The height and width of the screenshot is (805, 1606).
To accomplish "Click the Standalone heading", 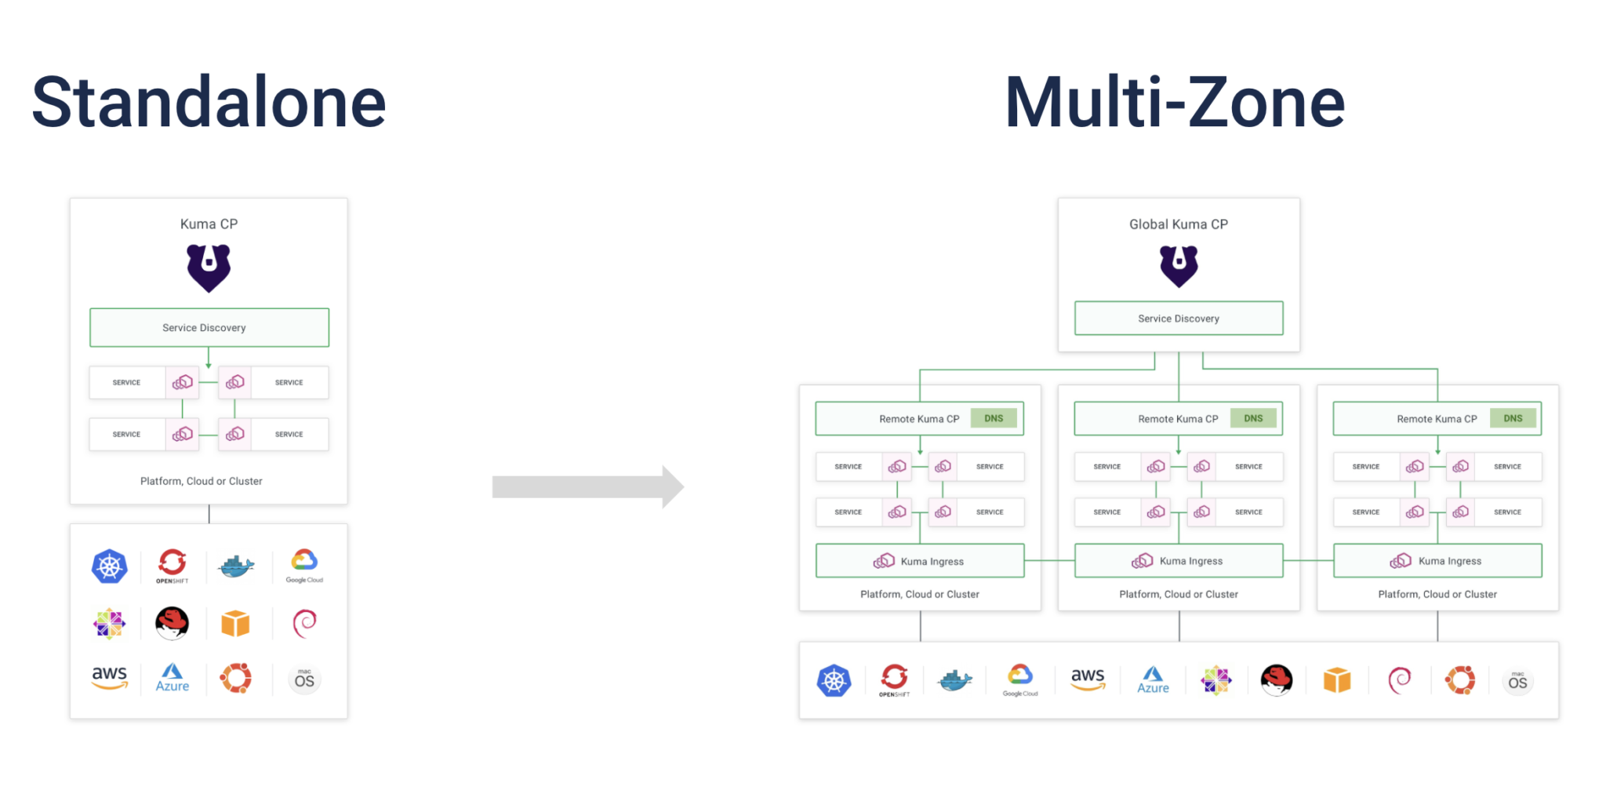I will click(209, 102).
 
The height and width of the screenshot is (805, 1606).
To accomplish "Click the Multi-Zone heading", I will click(1174, 102).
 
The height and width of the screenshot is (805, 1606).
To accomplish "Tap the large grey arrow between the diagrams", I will click(587, 487).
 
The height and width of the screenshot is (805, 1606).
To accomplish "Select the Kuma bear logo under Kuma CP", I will click(209, 267).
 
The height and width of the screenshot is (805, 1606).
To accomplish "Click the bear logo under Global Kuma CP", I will click(1179, 265).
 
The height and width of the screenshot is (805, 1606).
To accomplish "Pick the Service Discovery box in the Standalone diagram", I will click(209, 327).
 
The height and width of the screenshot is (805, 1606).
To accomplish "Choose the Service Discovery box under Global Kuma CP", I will click(1179, 318).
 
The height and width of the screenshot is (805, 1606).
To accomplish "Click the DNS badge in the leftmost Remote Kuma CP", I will click(994, 418).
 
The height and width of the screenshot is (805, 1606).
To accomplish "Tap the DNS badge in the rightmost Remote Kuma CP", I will click(1513, 418).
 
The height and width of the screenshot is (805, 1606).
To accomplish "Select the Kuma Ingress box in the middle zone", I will click(1179, 561).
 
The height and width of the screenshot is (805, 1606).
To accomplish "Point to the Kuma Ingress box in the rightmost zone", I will click(1437, 561).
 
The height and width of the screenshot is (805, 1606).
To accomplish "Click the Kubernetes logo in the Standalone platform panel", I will click(110, 566).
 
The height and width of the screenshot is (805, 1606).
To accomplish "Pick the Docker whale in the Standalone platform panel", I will click(235, 566).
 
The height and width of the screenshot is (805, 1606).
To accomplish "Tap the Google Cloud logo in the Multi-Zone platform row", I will click(1020, 679).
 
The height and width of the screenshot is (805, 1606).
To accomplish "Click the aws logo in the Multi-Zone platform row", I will click(1088, 679).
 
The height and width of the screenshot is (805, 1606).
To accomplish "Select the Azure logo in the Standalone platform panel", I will click(173, 678).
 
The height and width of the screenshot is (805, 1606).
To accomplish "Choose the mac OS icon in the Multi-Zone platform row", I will click(1517, 680).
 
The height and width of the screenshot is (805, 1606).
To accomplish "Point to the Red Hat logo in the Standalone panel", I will click(172, 623).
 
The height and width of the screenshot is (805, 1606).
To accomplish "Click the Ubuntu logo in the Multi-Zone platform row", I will click(1460, 679).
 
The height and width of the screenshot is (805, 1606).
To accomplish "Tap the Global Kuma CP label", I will click(1179, 224).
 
